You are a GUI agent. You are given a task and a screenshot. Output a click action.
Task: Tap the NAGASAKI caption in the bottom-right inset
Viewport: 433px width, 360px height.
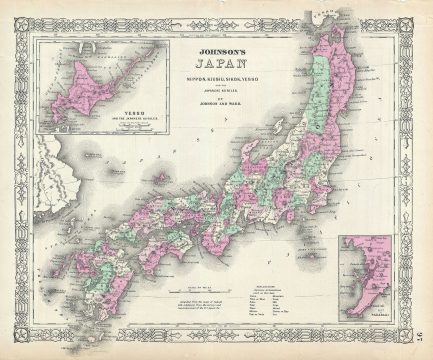371,309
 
